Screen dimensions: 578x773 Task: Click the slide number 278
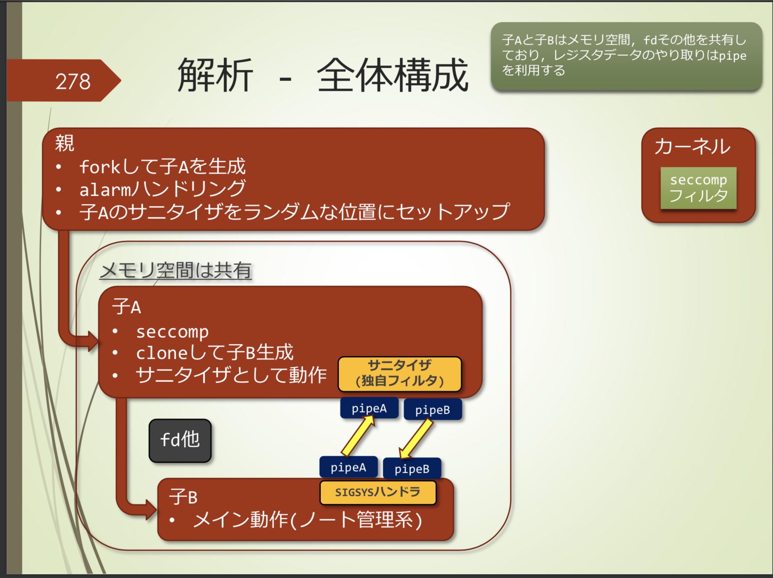(x=73, y=81)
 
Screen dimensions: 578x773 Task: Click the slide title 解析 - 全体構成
(x=323, y=76)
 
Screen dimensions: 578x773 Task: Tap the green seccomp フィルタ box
(x=698, y=188)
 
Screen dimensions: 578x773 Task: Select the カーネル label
(x=692, y=147)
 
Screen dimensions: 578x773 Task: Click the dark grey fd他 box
(x=180, y=440)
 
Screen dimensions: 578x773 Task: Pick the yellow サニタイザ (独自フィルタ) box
(x=399, y=374)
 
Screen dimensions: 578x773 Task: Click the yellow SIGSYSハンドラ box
(x=377, y=492)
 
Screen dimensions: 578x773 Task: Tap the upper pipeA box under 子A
(x=369, y=408)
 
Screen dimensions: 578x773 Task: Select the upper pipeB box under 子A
(x=432, y=410)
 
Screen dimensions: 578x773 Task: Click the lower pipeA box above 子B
(x=348, y=467)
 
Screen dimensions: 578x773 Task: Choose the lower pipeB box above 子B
(x=412, y=469)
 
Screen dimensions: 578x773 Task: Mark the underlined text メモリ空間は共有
(x=176, y=270)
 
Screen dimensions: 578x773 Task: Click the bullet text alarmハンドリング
(x=162, y=190)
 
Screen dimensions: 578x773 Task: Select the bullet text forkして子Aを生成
(x=162, y=167)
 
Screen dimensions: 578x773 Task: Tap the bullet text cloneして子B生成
(x=214, y=353)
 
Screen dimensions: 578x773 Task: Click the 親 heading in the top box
(x=65, y=143)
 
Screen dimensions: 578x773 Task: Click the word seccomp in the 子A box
(x=172, y=332)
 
